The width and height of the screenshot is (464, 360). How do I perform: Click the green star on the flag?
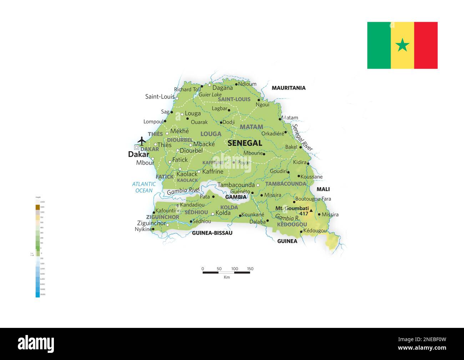pos(402,45)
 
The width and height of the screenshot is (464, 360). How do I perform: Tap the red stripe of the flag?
pos(426,45)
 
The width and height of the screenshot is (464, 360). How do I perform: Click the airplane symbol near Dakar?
pos(142,141)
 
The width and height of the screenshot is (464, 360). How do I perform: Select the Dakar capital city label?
pos(138,154)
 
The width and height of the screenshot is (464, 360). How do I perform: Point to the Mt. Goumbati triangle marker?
pos(311,211)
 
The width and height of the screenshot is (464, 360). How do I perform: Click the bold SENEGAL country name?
pos(245,143)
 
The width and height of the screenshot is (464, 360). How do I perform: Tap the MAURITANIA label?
pos(288,88)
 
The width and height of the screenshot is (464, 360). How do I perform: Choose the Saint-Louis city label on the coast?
pos(160,97)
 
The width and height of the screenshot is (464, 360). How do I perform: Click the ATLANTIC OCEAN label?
pos(144,187)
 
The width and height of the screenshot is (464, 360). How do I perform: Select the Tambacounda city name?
pos(236,185)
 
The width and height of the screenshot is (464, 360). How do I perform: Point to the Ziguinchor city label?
pos(151,223)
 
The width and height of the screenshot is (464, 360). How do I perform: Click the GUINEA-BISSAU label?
pos(212,233)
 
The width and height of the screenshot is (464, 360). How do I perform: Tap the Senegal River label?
pos(302,137)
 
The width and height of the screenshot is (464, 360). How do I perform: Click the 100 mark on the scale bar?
pos(234,269)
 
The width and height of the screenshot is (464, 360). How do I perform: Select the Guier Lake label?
pos(210,95)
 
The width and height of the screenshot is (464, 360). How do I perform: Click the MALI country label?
pos(323,189)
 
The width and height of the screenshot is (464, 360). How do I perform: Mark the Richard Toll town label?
pos(187,90)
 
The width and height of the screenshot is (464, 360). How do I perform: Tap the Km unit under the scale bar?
pos(227,277)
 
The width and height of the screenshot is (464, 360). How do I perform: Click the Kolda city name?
pos(223,213)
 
